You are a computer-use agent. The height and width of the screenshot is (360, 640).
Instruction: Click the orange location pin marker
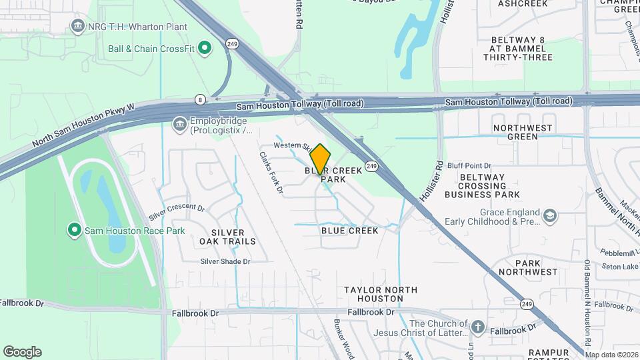pyautogui.click(x=320, y=159)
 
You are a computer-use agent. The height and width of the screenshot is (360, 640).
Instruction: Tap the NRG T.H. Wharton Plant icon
pyautogui.click(x=78, y=27)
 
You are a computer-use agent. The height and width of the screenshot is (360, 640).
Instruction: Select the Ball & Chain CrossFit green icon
pyautogui.click(x=205, y=48)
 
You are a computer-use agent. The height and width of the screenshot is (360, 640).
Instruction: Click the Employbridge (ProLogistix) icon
pyautogui.click(x=179, y=124)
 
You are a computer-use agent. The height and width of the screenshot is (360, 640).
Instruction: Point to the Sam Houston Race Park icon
pyautogui.click(x=75, y=231)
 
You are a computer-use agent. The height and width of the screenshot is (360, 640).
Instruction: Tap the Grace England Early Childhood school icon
pyautogui.click(x=550, y=216)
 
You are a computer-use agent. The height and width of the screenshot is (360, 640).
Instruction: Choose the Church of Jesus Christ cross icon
pyautogui.click(x=477, y=327)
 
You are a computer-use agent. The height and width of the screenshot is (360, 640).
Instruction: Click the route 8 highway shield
pyautogui.click(x=199, y=99)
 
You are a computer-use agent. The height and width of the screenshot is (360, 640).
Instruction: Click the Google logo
pyautogui.click(x=22, y=352)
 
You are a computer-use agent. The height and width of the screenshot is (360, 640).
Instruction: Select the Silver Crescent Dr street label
pyautogui.click(x=177, y=211)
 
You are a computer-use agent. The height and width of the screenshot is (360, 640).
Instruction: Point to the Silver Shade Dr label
pyautogui.click(x=225, y=261)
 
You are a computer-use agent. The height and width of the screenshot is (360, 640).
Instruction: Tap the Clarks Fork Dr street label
pyautogui.click(x=271, y=173)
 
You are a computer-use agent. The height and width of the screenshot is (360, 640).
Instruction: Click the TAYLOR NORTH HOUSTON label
pyautogui.click(x=381, y=294)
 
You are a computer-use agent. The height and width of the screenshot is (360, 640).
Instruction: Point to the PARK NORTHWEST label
pyautogui.click(x=527, y=267)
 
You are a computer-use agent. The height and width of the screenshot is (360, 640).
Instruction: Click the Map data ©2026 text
pyautogui.click(x=611, y=355)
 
